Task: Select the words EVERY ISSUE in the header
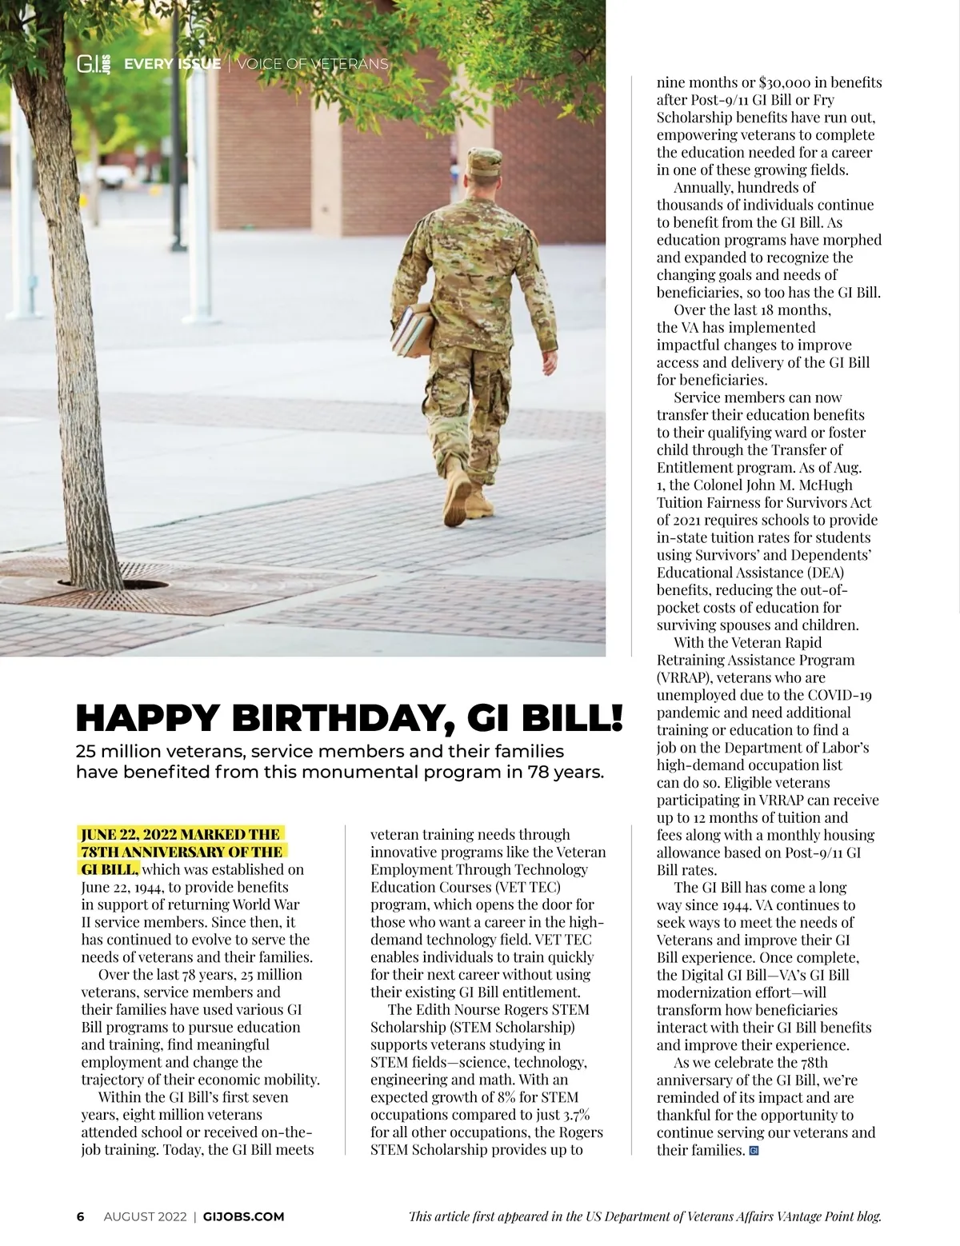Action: (172, 64)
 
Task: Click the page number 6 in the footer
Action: (80, 1216)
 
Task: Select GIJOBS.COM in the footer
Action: (244, 1216)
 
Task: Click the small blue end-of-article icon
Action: (753, 1151)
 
